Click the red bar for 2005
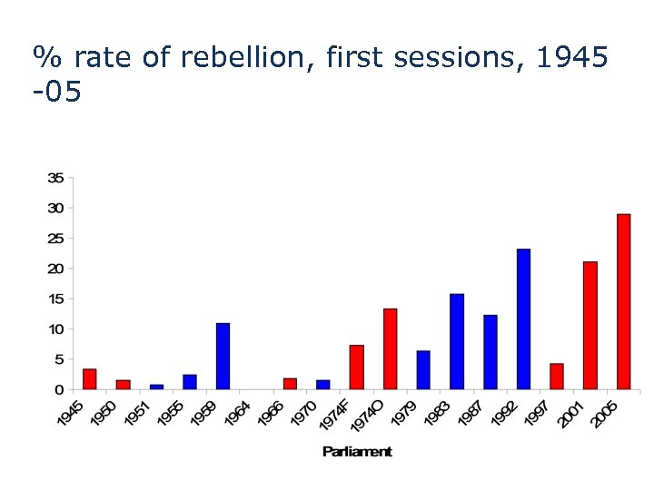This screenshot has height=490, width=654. (x=623, y=301)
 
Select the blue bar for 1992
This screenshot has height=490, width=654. (x=523, y=318)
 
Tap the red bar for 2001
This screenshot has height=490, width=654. (x=590, y=325)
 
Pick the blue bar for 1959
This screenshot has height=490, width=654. (x=223, y=356)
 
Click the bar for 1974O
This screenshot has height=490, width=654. (x=390, y=348)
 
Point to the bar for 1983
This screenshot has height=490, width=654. (x=457, y=341)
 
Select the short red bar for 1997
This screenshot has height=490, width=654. (x=557, y=376)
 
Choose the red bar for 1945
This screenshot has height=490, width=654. (x=89, y=378)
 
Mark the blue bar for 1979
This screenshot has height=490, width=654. (x=423, y=369)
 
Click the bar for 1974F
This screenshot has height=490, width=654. (x=356, y=367)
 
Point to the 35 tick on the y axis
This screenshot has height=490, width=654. (x=55, y=178)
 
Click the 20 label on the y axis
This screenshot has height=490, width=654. (x=55, y=269)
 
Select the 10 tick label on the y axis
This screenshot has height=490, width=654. (x=55, y=329)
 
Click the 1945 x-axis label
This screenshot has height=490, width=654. (x=70, y=413)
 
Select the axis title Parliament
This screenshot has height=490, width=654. (x=357, y=451)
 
